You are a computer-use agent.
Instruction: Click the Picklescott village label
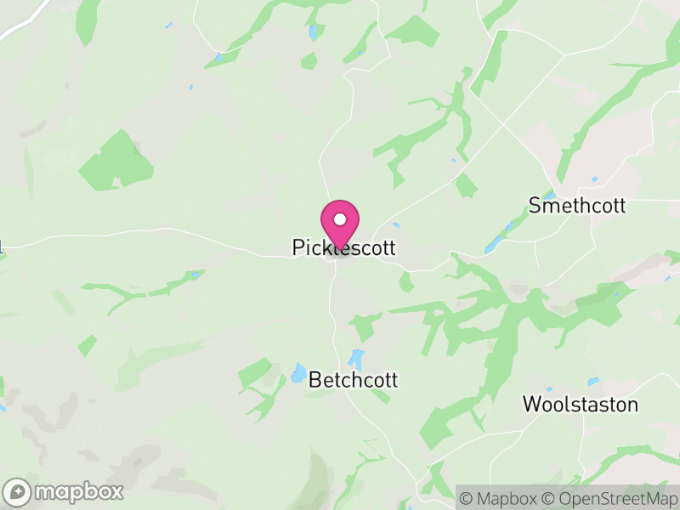343,247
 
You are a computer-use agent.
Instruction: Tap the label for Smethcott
576,206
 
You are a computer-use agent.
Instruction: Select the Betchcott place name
354,379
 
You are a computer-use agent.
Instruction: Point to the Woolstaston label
580,404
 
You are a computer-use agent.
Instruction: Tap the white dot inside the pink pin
340,219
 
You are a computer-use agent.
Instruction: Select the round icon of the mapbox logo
18,491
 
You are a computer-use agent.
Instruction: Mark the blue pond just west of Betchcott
299,372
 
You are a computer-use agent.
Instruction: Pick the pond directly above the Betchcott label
356,359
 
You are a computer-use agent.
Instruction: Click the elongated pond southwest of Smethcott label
494,245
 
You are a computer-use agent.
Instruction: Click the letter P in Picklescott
297,247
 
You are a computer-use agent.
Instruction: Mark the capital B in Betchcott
315,379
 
